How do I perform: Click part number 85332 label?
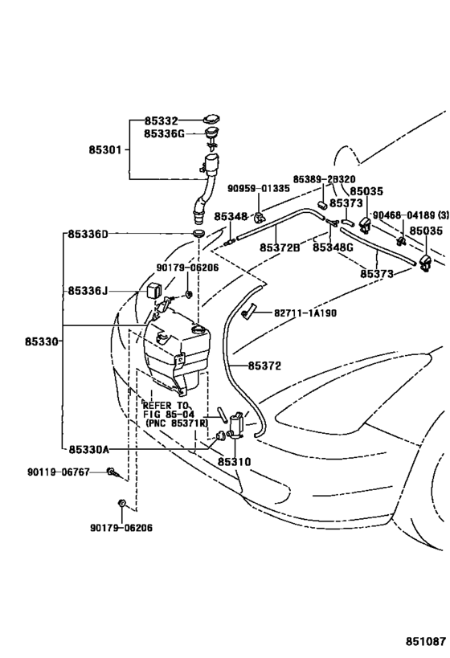tap(162, 121)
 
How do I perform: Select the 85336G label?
tap(164, 134)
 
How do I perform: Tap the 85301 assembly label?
tap(105, 149)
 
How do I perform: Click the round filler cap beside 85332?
tap(211, 120)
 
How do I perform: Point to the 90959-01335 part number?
tap(259, 189)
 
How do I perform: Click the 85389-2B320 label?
tap(324, 179)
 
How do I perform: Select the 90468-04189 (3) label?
tap(411, 215)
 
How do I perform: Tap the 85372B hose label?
tap(280, 247)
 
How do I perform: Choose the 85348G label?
tap(333, 247)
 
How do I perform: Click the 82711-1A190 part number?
tap(305, 313)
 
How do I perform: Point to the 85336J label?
tap(88, 290)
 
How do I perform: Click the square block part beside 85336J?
tap(153, 289)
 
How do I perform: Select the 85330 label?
tap(41, 341)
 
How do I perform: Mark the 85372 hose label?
tap(264, 366)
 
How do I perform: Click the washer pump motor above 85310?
tap(237, 424)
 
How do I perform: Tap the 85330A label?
tap(88, 449)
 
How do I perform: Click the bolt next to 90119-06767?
tap(112, 472)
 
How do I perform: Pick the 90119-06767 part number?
tap(59, 472)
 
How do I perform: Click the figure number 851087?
tap(425, 642)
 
